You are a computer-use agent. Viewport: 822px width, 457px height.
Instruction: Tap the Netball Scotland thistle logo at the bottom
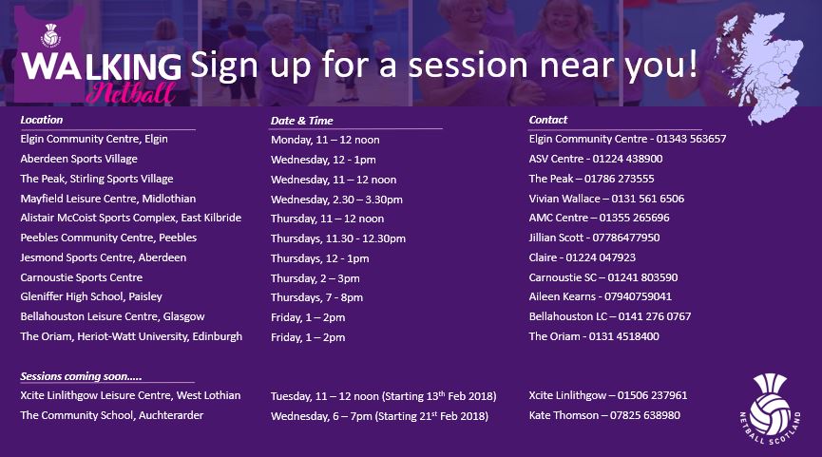(770, 409)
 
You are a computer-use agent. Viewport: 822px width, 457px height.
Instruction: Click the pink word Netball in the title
(131, 93)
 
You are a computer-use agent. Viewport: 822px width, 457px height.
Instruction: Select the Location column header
(42, 120)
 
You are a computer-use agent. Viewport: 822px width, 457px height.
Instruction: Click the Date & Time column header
(301, 121)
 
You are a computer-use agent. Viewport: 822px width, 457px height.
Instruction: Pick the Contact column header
(547, 120)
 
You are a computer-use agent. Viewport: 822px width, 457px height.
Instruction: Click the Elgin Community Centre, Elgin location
(94, 140)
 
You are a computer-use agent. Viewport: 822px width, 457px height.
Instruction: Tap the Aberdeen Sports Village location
(79, 160)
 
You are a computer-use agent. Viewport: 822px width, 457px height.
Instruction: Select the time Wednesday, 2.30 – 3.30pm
(336, 200)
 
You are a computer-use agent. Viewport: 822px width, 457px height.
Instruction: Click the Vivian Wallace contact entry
(606, 199)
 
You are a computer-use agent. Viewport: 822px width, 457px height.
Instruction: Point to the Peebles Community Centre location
(108, 238)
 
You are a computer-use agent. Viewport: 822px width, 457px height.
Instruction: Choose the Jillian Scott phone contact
(594, 238)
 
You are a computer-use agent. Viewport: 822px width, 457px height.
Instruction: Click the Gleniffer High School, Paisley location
(91, 297)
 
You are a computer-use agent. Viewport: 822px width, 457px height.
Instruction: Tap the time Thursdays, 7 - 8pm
(316, 297)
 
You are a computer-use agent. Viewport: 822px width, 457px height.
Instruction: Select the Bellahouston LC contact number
(610, 316)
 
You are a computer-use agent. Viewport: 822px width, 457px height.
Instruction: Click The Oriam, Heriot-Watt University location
(131, 337)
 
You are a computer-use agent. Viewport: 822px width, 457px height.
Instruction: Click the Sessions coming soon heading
(81, 376)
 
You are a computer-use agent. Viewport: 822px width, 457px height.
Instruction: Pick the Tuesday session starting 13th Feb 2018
(383, 396)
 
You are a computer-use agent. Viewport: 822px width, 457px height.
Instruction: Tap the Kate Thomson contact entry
(604, 415)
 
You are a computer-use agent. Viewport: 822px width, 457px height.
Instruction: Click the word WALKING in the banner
(102, 67)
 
